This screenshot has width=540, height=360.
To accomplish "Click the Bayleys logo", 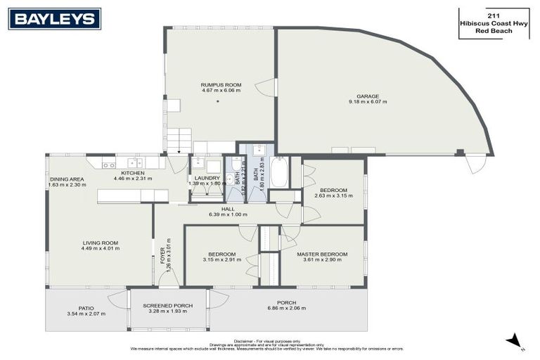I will point(55,19).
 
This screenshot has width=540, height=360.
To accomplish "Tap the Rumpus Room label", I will point(217,84).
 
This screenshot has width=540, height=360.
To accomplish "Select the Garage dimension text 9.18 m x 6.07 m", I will point(367,102).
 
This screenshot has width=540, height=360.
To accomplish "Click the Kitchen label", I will point(132,173).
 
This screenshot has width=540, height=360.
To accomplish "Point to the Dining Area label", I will point(67,179).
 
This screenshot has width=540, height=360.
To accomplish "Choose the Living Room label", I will point(99,243).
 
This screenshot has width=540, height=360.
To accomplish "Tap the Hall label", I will point(228,209).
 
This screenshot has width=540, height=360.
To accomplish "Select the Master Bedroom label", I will point(321,254).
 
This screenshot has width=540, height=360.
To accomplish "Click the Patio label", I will point(86,307).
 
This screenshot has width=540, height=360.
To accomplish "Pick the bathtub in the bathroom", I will point(279,171).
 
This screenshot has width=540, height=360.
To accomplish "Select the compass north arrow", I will point(515,341).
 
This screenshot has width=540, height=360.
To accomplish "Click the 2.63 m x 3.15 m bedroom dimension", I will point(334,195).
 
